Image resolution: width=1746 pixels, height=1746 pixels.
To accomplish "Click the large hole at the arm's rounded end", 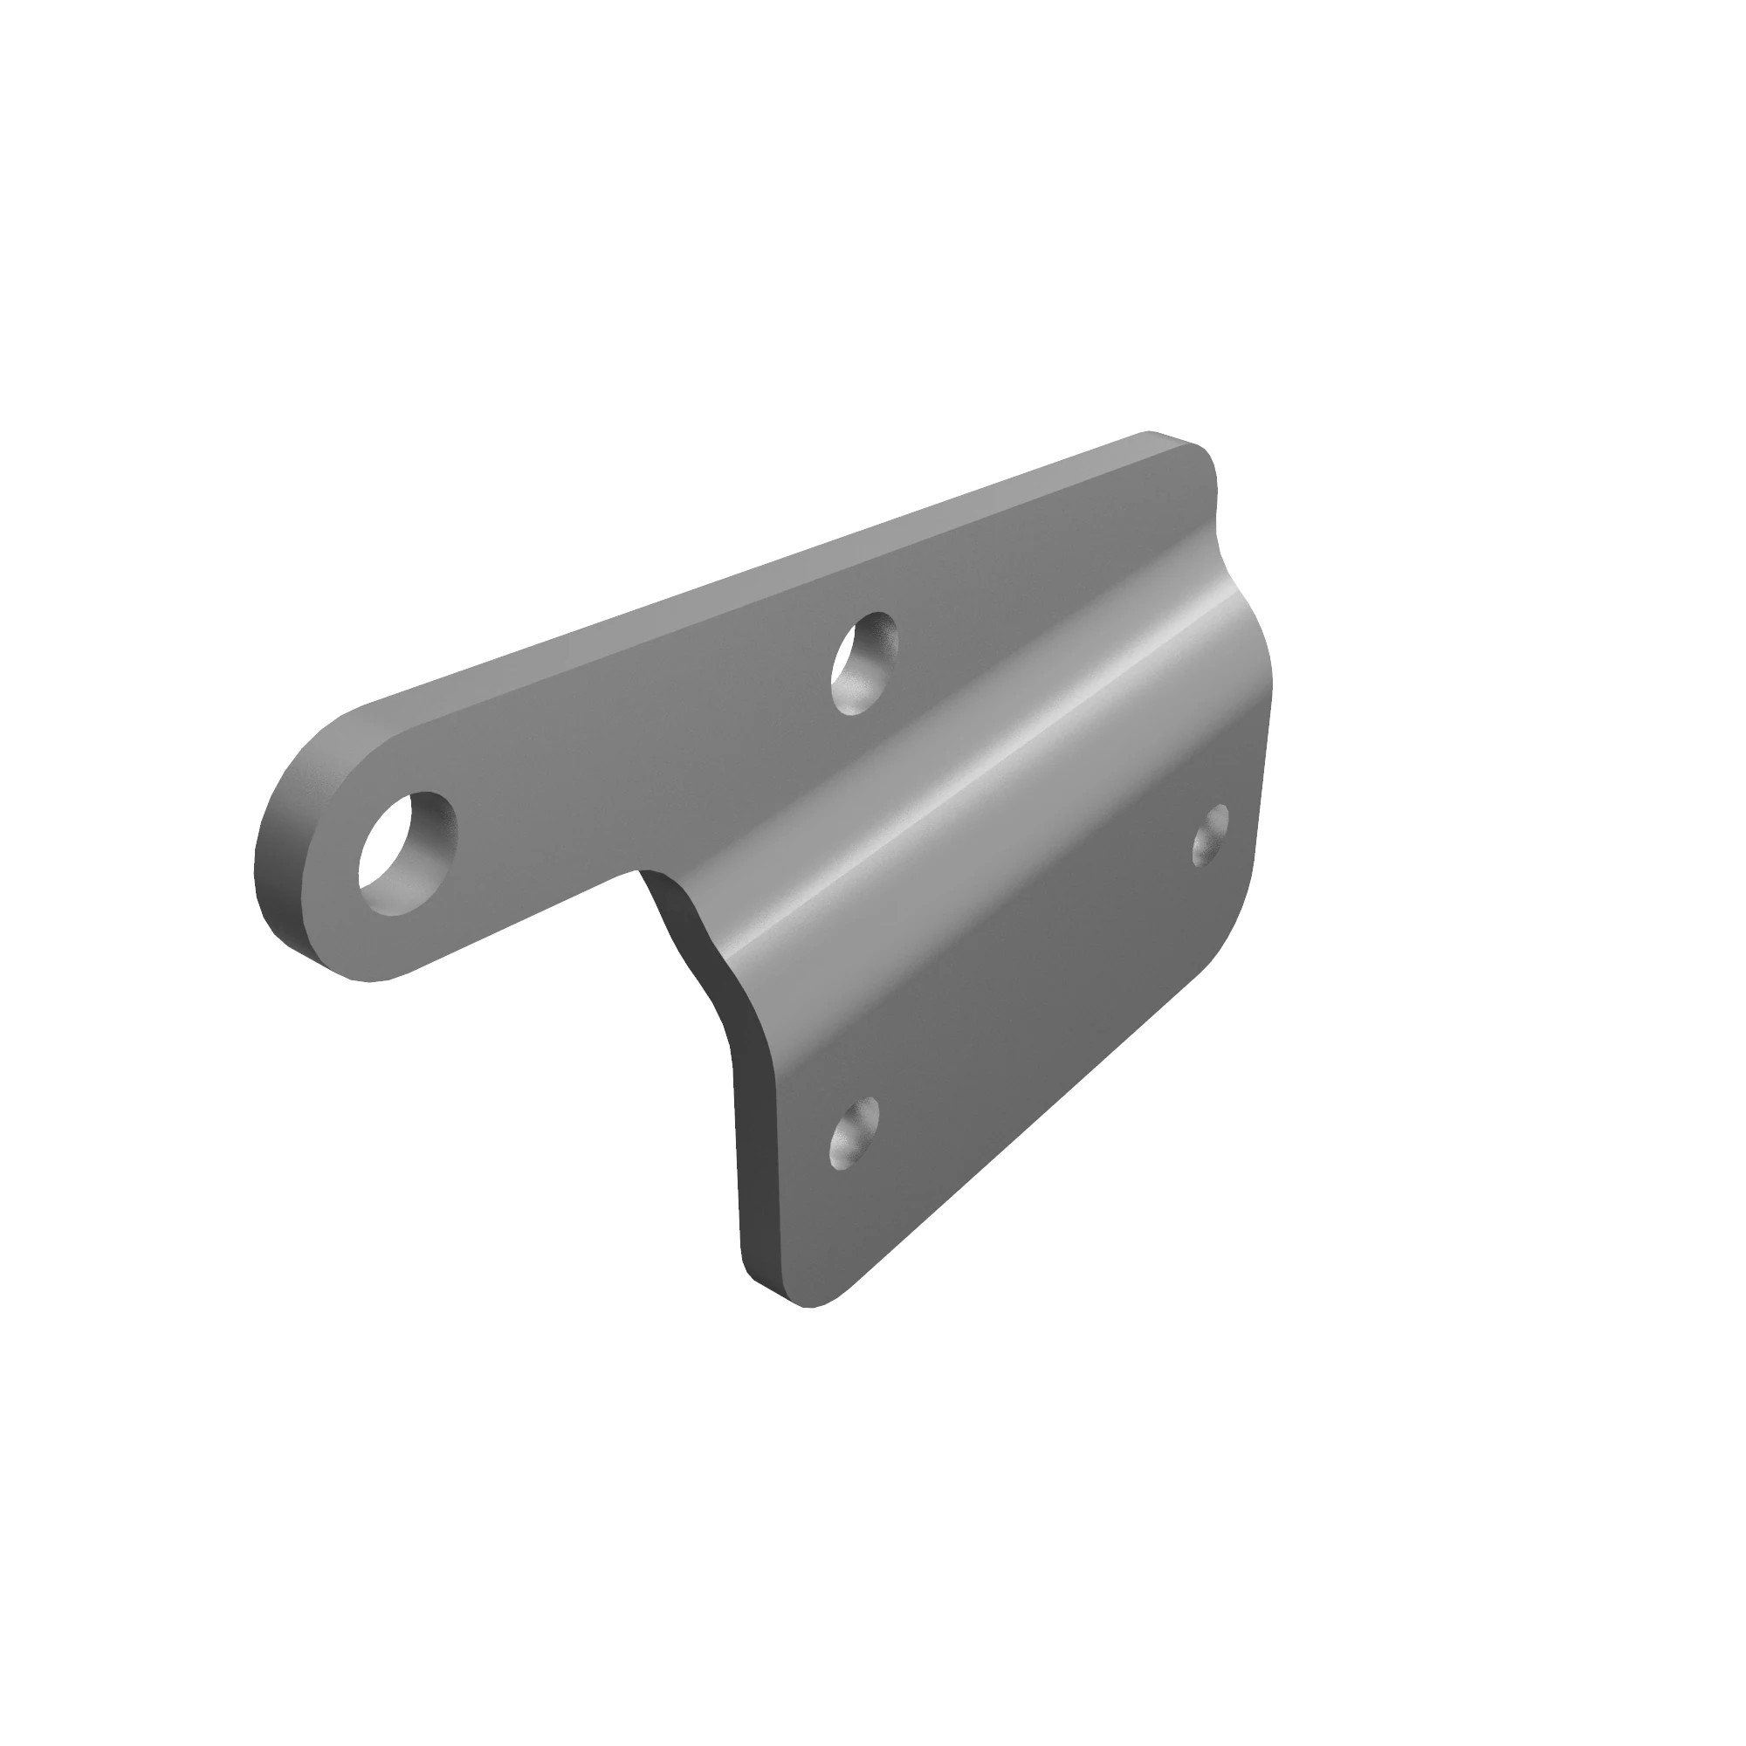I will (407, 853).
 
